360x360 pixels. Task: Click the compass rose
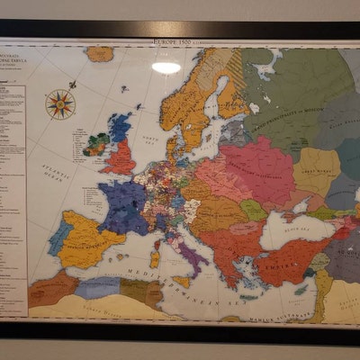click(x=59, y=103)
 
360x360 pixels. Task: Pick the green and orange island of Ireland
click(x=96, y=145)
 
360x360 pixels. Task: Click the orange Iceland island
click(x=100, y=54)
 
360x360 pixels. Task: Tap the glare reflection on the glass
click(x=166, y=67)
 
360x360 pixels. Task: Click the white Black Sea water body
click(x=288, y=232)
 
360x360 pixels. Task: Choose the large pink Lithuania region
click(x=256, y=166)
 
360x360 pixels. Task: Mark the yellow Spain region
click(x=90, y=238)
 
